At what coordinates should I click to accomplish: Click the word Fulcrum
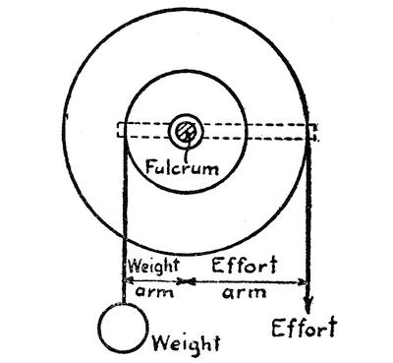point(182,167)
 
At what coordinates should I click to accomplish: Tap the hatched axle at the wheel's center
point(186,132)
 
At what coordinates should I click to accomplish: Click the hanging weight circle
point(123,329)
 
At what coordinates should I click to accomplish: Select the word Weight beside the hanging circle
point(187,344)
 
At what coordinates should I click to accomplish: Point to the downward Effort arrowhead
point(308,304)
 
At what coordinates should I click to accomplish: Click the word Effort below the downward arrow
point(305,328)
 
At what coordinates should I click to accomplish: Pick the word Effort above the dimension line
point(245,265)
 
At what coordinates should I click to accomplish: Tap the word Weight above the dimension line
point(154,266)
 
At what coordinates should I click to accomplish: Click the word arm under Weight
point(154,292)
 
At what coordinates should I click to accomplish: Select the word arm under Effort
point(245,292)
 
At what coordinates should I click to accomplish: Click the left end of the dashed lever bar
point(118,130)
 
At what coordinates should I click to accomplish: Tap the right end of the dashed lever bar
point(316,132)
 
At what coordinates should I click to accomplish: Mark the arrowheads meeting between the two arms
point(187,281)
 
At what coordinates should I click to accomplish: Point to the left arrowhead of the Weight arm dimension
point(129,280)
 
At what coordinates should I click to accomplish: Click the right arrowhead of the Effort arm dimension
point(302,281)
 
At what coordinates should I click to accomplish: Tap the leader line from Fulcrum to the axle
point(188,148)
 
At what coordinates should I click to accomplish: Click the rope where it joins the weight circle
point(124,304)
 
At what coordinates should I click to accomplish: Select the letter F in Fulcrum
point(150,167)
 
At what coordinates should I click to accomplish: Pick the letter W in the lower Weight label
point(161,343)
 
